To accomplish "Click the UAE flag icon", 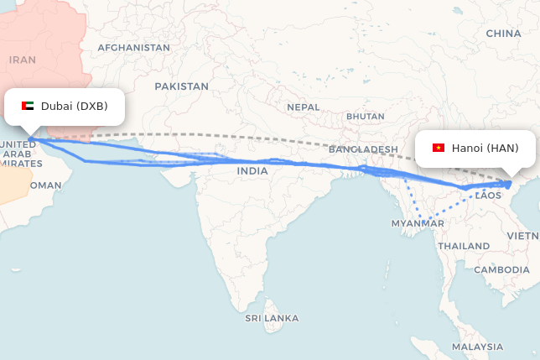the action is (x=28, y=107).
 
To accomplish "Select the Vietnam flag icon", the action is (x=438, y=149).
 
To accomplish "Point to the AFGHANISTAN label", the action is (x=133, y=48).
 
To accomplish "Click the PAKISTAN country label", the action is (x=181, y=86).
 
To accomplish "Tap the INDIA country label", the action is (x=252, y=171).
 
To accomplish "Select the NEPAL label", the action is (x=303, y=107).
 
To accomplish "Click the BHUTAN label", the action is (x=365, y=116).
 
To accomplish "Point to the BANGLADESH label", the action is (x=363, y=149).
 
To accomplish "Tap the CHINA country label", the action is (x=503, y=34).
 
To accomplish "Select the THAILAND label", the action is (x=463, y=246).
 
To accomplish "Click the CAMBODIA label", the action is (x=501, y=269).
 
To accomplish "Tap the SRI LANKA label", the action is (x=272, y=319).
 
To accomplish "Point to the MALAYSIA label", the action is (x=477, y=347).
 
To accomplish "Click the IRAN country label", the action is (x=23, y=60).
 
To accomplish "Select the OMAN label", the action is (x=45, y=185).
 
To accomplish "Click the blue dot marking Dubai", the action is (x=30, y=138).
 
